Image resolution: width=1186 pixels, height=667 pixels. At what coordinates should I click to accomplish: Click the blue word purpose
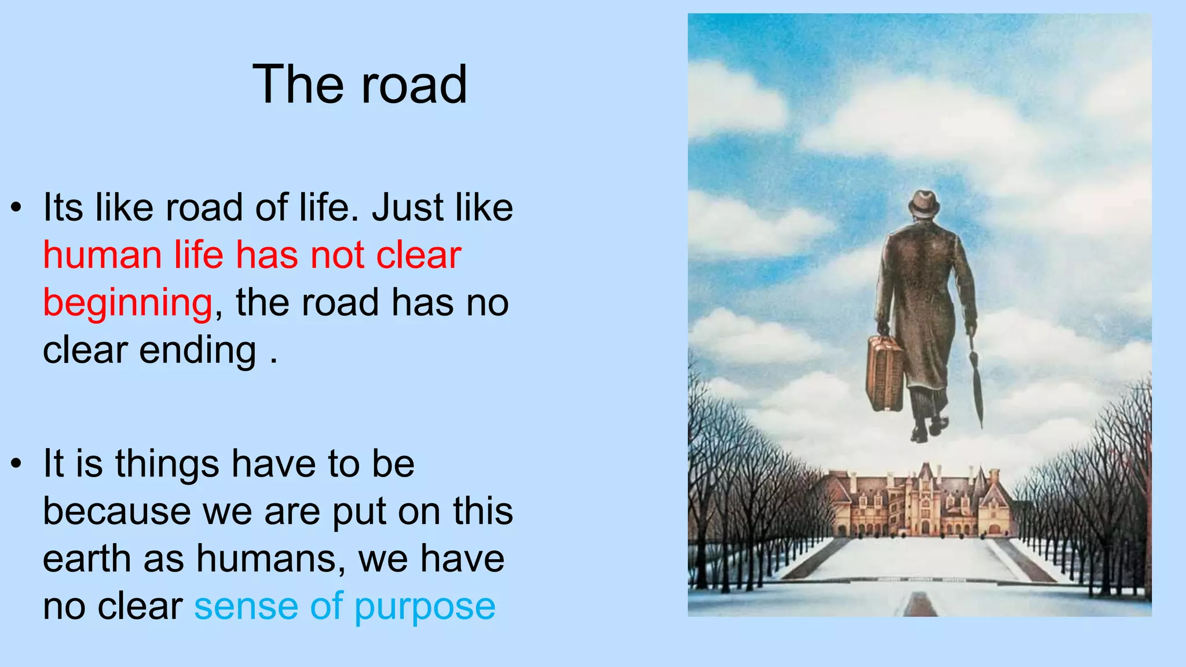click(x=424, y=608)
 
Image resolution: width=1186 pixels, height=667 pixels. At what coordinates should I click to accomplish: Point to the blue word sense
click(x=246, y=607)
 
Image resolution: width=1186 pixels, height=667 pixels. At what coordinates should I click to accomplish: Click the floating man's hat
click(x=923, y=204)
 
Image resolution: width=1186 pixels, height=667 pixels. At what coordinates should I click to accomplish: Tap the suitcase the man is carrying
click(x=884, y=373)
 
